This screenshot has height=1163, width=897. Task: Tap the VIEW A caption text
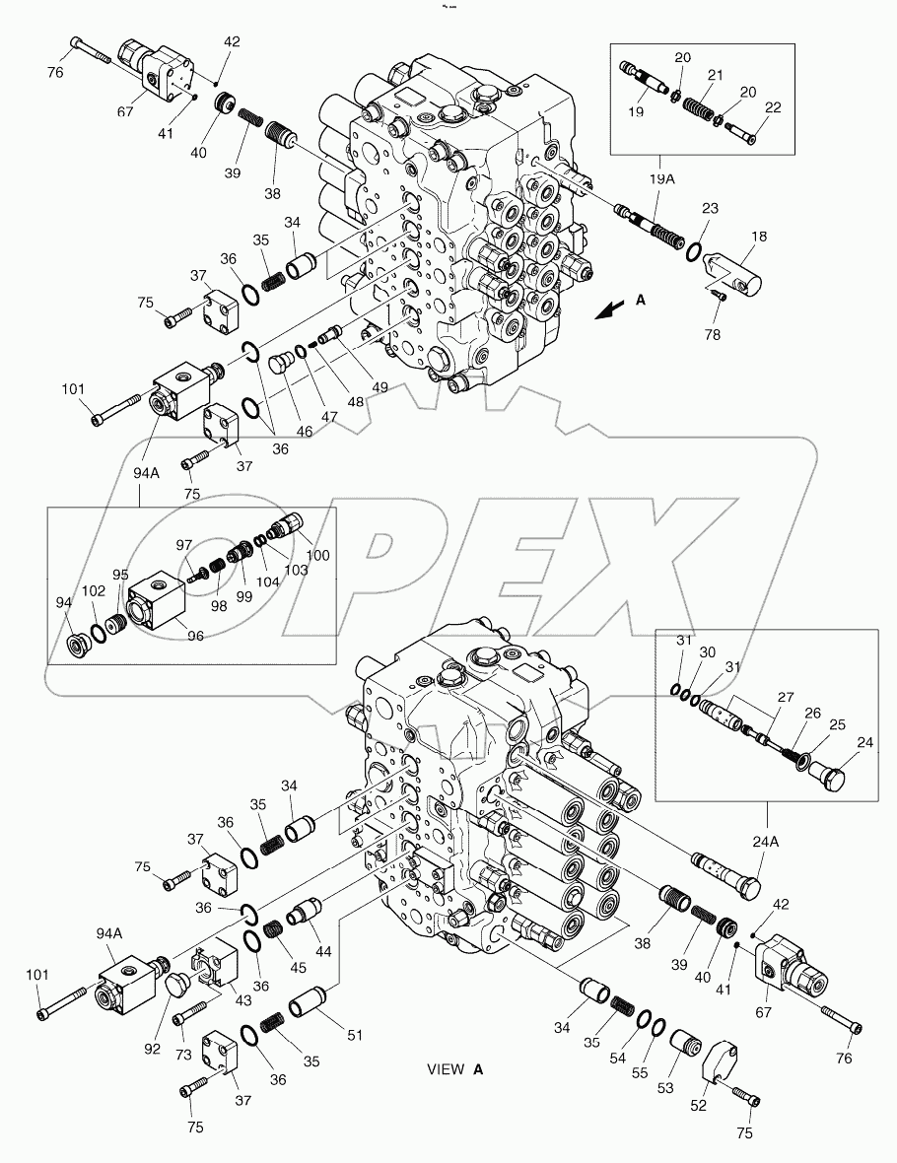click(455, 1069)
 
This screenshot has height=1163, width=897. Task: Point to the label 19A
click(661, 180)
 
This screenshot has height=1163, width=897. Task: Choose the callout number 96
click(194, 636)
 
